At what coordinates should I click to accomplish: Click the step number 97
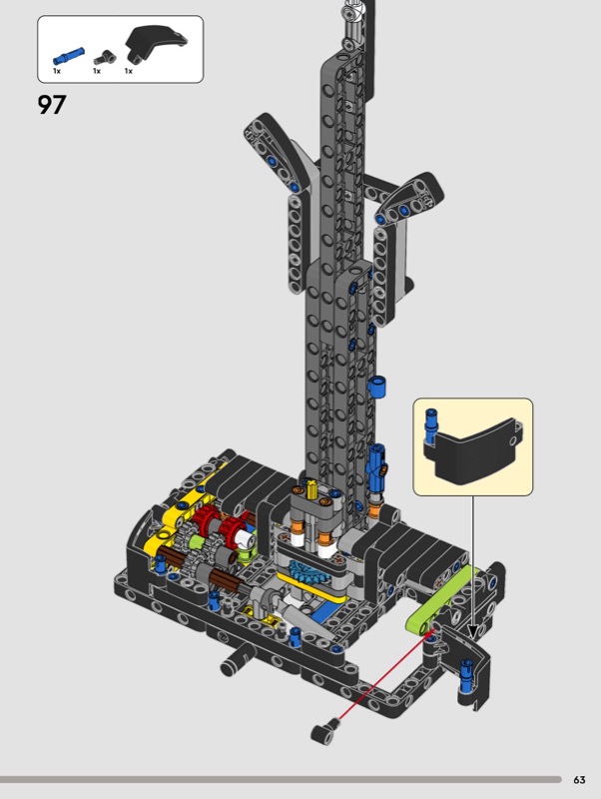(x=52, y=105)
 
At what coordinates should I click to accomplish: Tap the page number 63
(x=579, y=780)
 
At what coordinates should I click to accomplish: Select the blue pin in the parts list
(x=68, y=56)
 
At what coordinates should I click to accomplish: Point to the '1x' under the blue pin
(x=57, y=71)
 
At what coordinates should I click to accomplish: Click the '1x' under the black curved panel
(x=129, y=71)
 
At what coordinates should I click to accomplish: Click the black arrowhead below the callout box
(x=472, y=632)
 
